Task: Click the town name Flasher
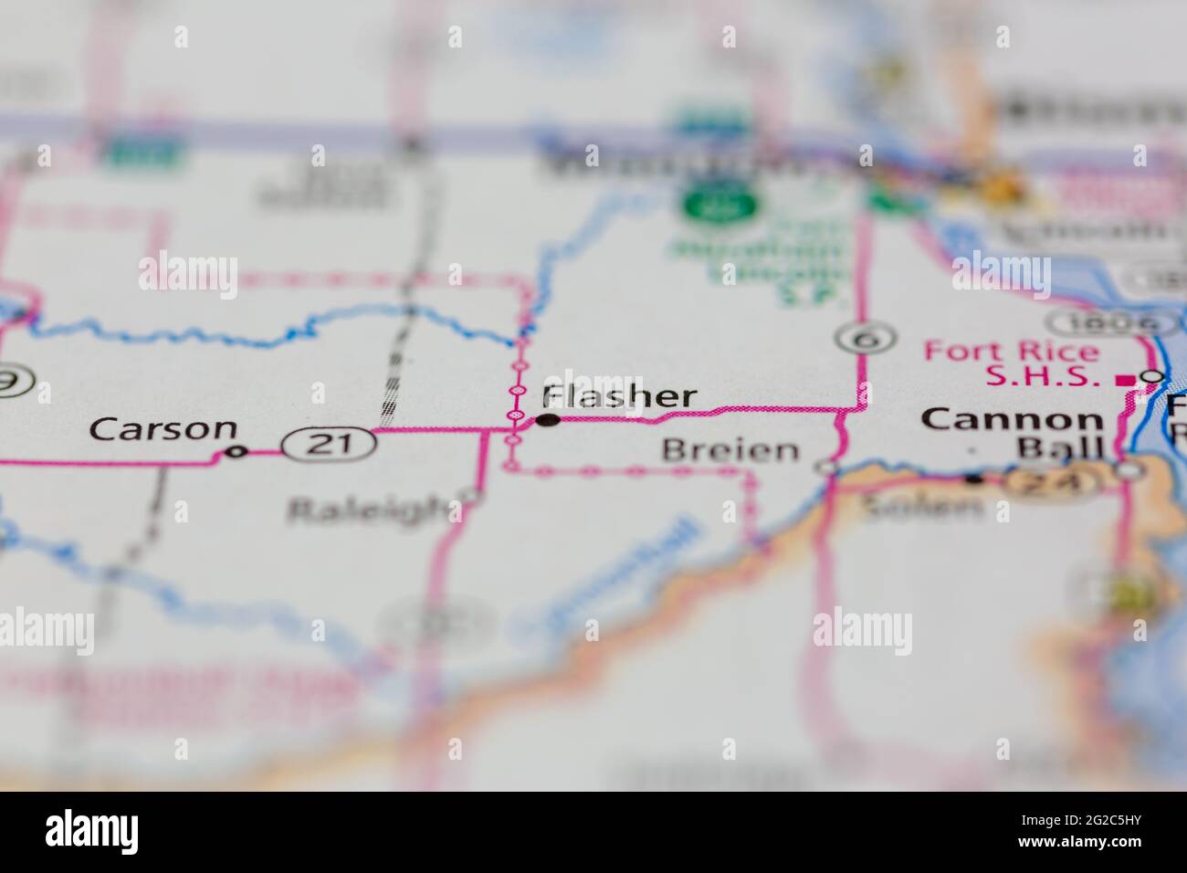(x=619, y=396)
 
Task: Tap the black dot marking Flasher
(x=548, y=420)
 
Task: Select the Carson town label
(x=163, y=428)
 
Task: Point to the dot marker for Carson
(x=236, y=451)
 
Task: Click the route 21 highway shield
(x=329, y=445)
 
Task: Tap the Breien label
(x=730, y=449)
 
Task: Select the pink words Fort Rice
(x=1012, y=351)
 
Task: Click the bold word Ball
(x=1060, y=448)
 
